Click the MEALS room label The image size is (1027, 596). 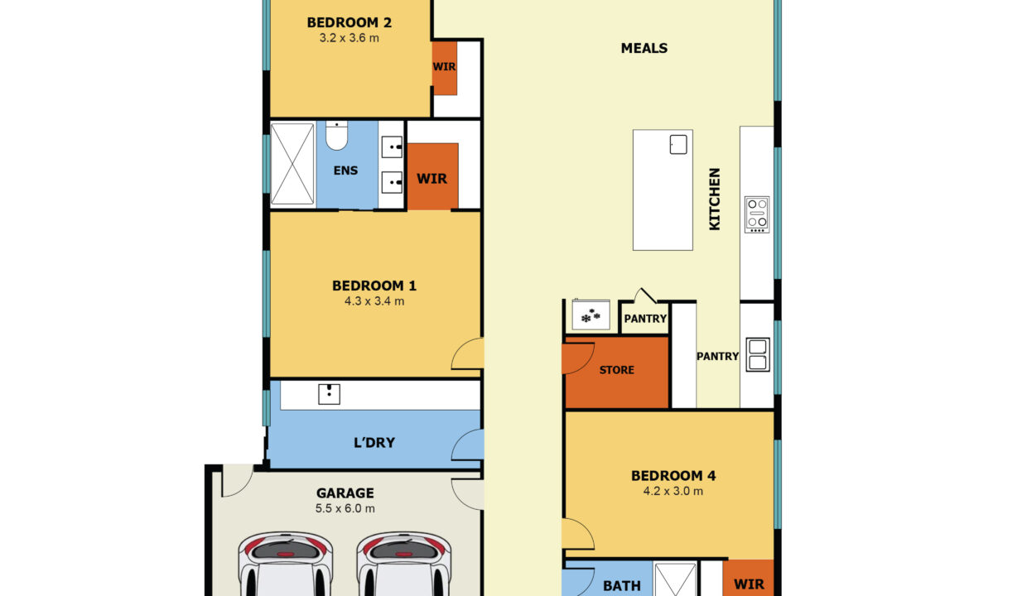[644, 48]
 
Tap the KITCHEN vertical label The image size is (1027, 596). [714, 199]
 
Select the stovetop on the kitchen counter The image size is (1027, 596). [756, 214]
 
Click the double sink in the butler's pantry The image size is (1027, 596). [757, 354]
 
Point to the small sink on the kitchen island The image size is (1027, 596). [678, 145]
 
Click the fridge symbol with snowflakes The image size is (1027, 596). [591, 315]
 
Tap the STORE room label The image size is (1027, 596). [617, 370]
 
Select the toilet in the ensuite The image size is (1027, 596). [336, 135]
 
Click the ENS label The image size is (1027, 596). [345, 171]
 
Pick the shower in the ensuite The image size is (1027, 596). [292, 164]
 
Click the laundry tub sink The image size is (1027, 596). [329, 394]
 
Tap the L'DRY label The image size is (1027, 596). [374, 443]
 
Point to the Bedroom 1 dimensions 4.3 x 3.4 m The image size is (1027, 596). [374, 301]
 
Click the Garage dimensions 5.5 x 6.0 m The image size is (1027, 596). [345, 508]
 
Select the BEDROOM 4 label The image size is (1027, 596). [673, 475]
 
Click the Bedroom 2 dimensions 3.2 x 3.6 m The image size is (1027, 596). [349, 38]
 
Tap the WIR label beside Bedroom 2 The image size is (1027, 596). [444, 67]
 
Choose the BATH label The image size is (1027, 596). [622, 585]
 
